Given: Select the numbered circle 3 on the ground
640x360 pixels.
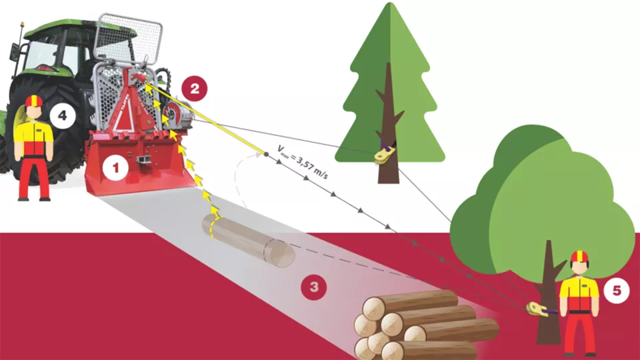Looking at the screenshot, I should click(314, 288).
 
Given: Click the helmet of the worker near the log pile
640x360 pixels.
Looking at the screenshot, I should click(579, 257).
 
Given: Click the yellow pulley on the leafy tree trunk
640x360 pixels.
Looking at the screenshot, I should click(536, 309).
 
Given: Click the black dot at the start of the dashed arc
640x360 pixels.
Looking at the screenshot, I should click(265, 154).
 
